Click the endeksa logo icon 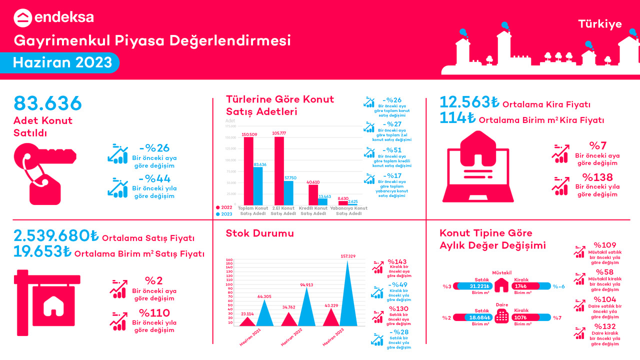23,18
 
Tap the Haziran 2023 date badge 62,63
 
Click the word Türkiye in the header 600,24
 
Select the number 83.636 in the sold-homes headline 47,103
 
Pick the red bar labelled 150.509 248,170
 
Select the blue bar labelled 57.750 288,192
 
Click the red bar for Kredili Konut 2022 313,194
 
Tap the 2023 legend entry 223,214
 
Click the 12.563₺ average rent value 469,102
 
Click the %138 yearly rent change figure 597,177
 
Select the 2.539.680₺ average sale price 56,235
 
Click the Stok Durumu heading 259,233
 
